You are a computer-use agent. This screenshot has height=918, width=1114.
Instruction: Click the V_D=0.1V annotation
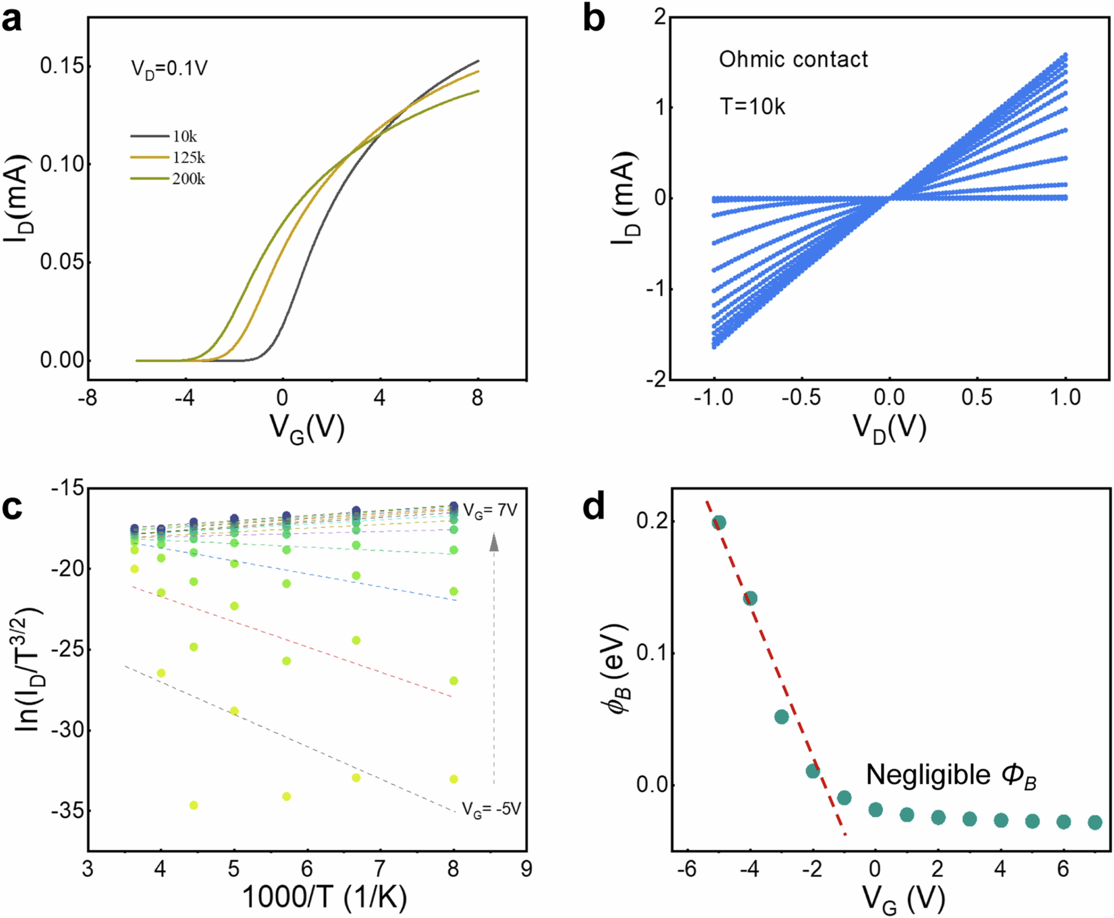tap(169, 69)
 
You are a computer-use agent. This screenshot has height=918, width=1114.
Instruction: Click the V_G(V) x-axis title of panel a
tap(307, 427)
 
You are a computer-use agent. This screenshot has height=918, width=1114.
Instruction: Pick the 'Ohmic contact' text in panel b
tap(793, 59)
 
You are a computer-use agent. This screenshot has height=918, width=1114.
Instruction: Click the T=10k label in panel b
tap(752, 107)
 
